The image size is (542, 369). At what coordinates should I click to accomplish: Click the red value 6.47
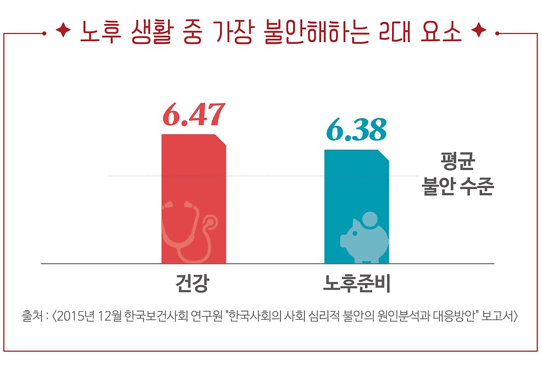[x=193, y=115]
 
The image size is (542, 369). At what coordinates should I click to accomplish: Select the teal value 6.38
[x=356, y=130]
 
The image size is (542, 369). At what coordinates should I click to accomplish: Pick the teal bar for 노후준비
[x=356, y=190]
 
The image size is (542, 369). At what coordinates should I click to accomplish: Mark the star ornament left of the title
[x=63, y=32]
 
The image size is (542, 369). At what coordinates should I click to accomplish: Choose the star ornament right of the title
[x=478, y=32]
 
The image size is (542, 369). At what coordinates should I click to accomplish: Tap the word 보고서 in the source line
[x=498, y=315]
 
